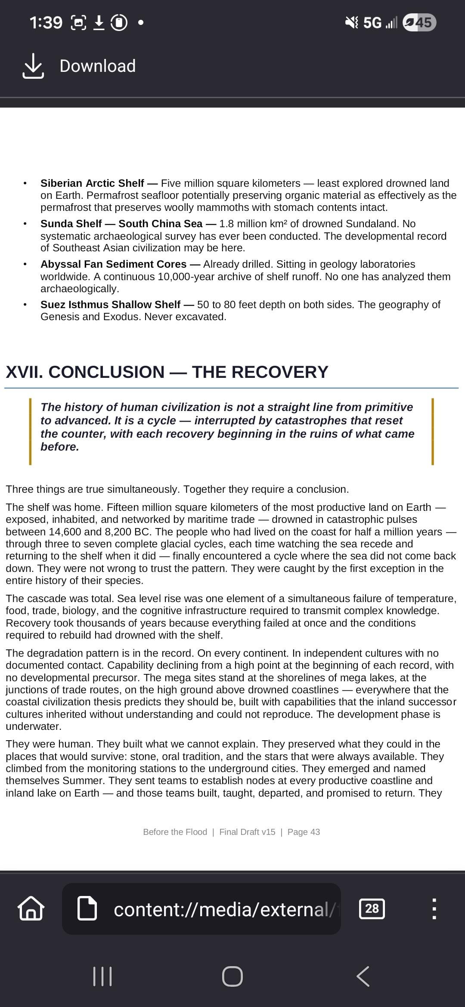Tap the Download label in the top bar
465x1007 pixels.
tap(97, 66)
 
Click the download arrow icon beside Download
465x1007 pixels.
tap(33, 66)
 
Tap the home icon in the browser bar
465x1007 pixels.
tap(31, 908)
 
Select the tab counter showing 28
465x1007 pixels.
tap(372, 908)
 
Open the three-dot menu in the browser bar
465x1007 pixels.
tap(434, 908)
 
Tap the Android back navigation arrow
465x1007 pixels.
tap(363, 976)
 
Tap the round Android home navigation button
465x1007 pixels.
tap(232, 976)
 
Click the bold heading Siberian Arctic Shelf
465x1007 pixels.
tap(92, 183)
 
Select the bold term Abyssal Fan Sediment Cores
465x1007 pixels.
tap(113, 264)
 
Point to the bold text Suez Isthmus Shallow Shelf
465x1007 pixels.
tap(110, 305)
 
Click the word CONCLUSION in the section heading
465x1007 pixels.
tap(106, 372)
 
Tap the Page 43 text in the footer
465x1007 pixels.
tap(304, 832)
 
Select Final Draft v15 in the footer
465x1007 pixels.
tap(247, 832)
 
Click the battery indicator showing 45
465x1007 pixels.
tap(419, 22)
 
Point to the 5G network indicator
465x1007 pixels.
tap(372, 22)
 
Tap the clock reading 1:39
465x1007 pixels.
tap(46, 22)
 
